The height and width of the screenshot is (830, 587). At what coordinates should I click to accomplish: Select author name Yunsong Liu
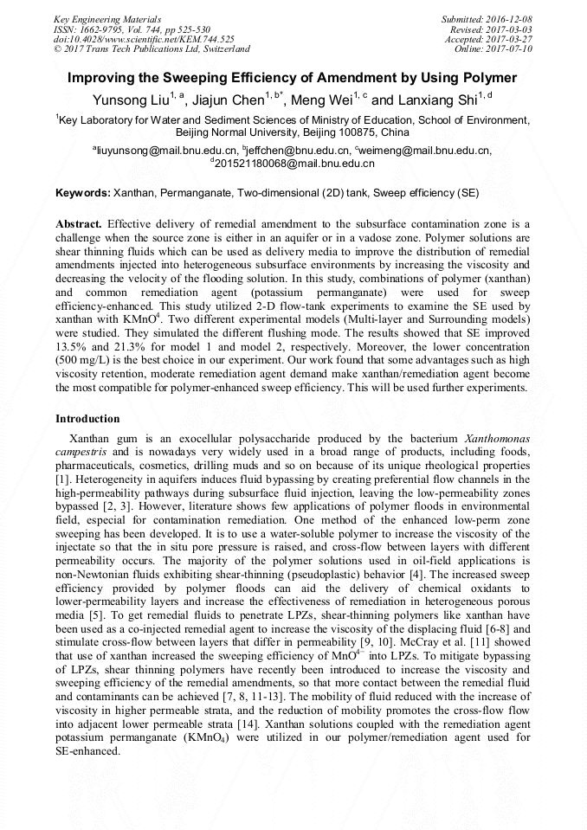pos(129,100)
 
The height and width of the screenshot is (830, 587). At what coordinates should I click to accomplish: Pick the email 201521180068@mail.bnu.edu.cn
pos(293,163)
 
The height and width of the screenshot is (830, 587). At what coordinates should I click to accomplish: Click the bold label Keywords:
pos(82,191)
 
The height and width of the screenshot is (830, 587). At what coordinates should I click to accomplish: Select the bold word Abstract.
pos(79,223)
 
